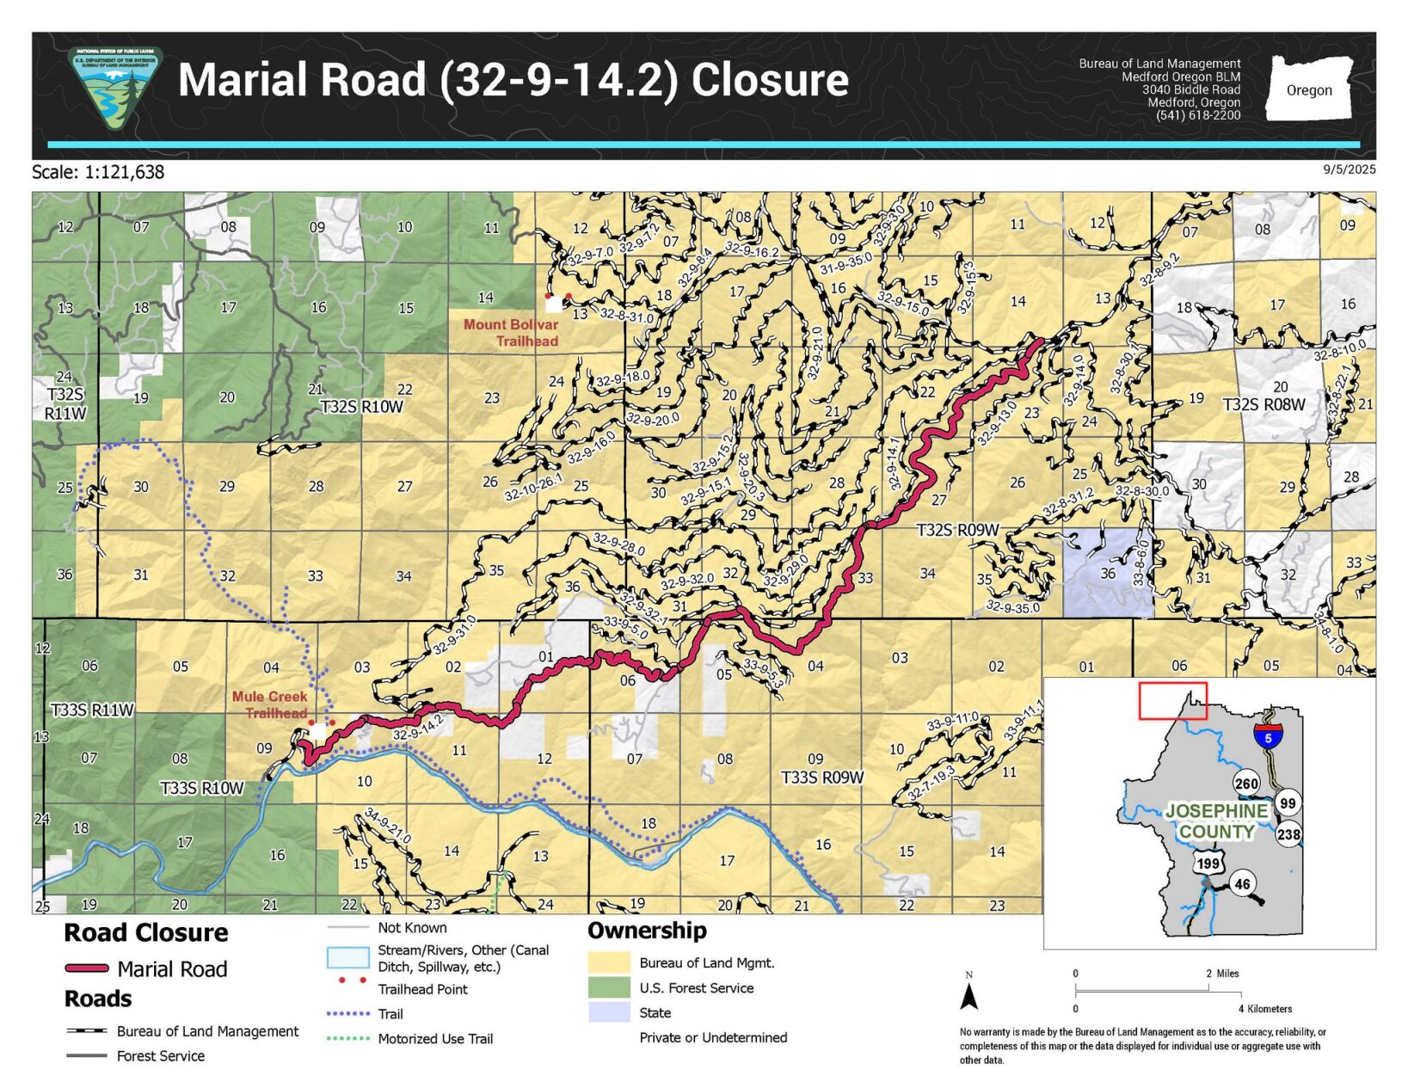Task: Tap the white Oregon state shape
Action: pos(1308,89)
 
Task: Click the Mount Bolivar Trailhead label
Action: pos(511,333)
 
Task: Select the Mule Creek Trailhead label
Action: pos(269,704)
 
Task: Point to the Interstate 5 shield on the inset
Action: pos(1268,736)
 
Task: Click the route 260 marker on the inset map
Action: pos(1245,784)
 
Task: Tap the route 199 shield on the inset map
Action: pos(1208,864)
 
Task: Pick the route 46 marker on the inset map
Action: pos(1242,884)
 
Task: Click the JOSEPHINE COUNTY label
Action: pos(1216,821)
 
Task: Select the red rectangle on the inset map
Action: pos(1172,701)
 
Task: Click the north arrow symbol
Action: pos(969,994)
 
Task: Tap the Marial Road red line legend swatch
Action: pos(87,969)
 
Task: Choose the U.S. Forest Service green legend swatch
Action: pos(609,987)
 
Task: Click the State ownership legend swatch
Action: pos(609,1012)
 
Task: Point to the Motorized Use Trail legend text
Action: pos(435,1039)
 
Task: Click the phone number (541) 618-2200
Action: pos(1197,115)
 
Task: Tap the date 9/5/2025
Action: pos(1349,169)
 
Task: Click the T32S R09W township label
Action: pos(957,530)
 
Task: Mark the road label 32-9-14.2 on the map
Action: pos(418,728)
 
